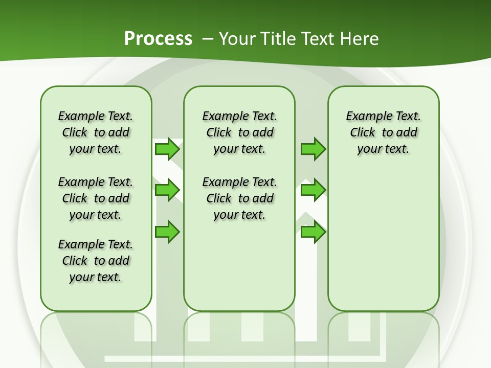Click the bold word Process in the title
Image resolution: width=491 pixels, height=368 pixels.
(x=158, y=39)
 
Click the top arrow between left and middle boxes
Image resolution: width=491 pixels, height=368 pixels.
(x=167, y=149)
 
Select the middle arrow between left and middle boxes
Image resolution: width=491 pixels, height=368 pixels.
(x=167, y=190)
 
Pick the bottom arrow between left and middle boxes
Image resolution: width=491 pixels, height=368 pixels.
(x=167, y=232)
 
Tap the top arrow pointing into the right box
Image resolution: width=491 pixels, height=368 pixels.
(x=313, y=149)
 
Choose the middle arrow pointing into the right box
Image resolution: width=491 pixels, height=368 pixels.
(x=313, y=190)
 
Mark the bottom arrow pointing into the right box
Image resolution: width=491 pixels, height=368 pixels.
(x=313, y=232)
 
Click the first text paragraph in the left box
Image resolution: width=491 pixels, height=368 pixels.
(x=96, y=132)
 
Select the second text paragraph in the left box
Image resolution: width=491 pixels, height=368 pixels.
(x=96, y=198)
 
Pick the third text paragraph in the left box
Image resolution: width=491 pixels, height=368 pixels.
(x=96, y=261)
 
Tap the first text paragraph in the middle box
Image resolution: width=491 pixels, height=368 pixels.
(x=240, y=132)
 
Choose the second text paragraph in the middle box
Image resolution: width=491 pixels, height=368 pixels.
(x=240, y=198)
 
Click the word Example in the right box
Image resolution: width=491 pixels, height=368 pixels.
(x=365, y=117)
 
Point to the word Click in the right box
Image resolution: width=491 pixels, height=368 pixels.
(x=363, y=133)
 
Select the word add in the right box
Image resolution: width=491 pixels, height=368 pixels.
(x=407, y=133)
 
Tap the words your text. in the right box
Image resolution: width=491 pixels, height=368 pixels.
(x=383, y=149)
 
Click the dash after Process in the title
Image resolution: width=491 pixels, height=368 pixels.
(x=208, y=39)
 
